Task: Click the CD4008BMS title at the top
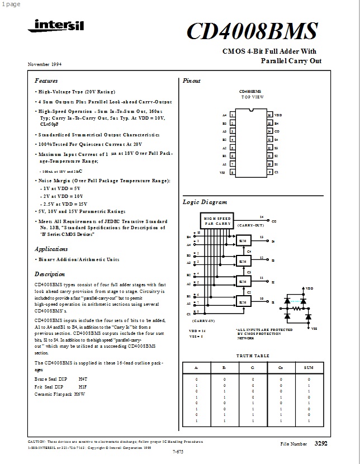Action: (x=252, y=31)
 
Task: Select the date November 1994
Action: (x=45, y=64)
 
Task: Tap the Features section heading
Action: (x=46, y=81)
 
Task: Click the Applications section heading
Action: (x=51, y=249)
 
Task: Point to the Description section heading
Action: (x=50, y=274)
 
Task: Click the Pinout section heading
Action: (x=191, y=81)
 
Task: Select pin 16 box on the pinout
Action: (x=269, y=115)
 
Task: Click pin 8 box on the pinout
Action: (x=232, y=173)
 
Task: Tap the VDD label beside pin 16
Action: (x=278, y=115)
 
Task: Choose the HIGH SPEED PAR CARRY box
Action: (x=216, y=220)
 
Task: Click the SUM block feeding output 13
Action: (x=243, y=241)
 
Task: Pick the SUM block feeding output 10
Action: (x=243, y=302)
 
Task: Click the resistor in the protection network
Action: (x=296, y=307)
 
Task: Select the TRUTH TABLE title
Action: (x=253, y=356)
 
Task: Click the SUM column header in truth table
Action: (x=309, y=368)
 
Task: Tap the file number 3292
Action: (x=321, y=443)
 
